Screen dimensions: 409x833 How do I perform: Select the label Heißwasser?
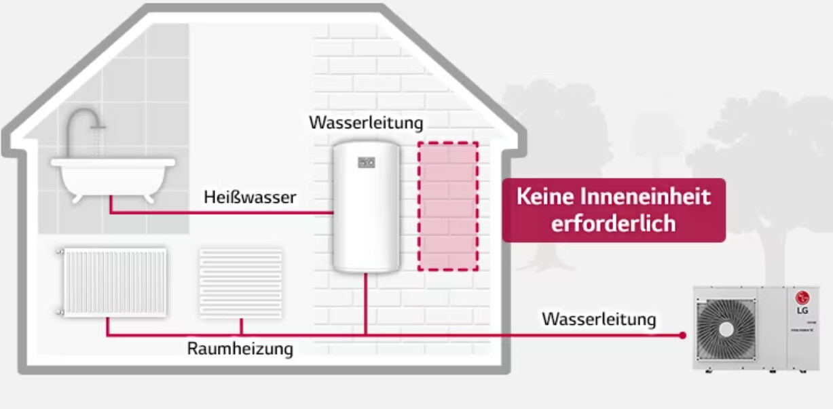(250, 197)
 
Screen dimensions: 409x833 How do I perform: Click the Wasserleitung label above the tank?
(366, 123)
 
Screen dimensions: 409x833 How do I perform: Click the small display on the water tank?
(366, 162)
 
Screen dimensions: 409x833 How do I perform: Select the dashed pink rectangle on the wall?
(447, 206)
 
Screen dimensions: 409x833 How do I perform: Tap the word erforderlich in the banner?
(613, 223)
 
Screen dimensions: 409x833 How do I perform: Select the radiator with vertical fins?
(113, 281)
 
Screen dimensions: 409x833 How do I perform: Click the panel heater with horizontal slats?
(240, 282)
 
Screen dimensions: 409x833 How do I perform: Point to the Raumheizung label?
(240, 349)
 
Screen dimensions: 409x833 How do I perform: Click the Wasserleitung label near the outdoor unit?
(599, 318)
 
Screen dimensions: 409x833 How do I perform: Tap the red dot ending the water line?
(682, 335)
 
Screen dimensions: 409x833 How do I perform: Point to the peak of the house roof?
(263, 8)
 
